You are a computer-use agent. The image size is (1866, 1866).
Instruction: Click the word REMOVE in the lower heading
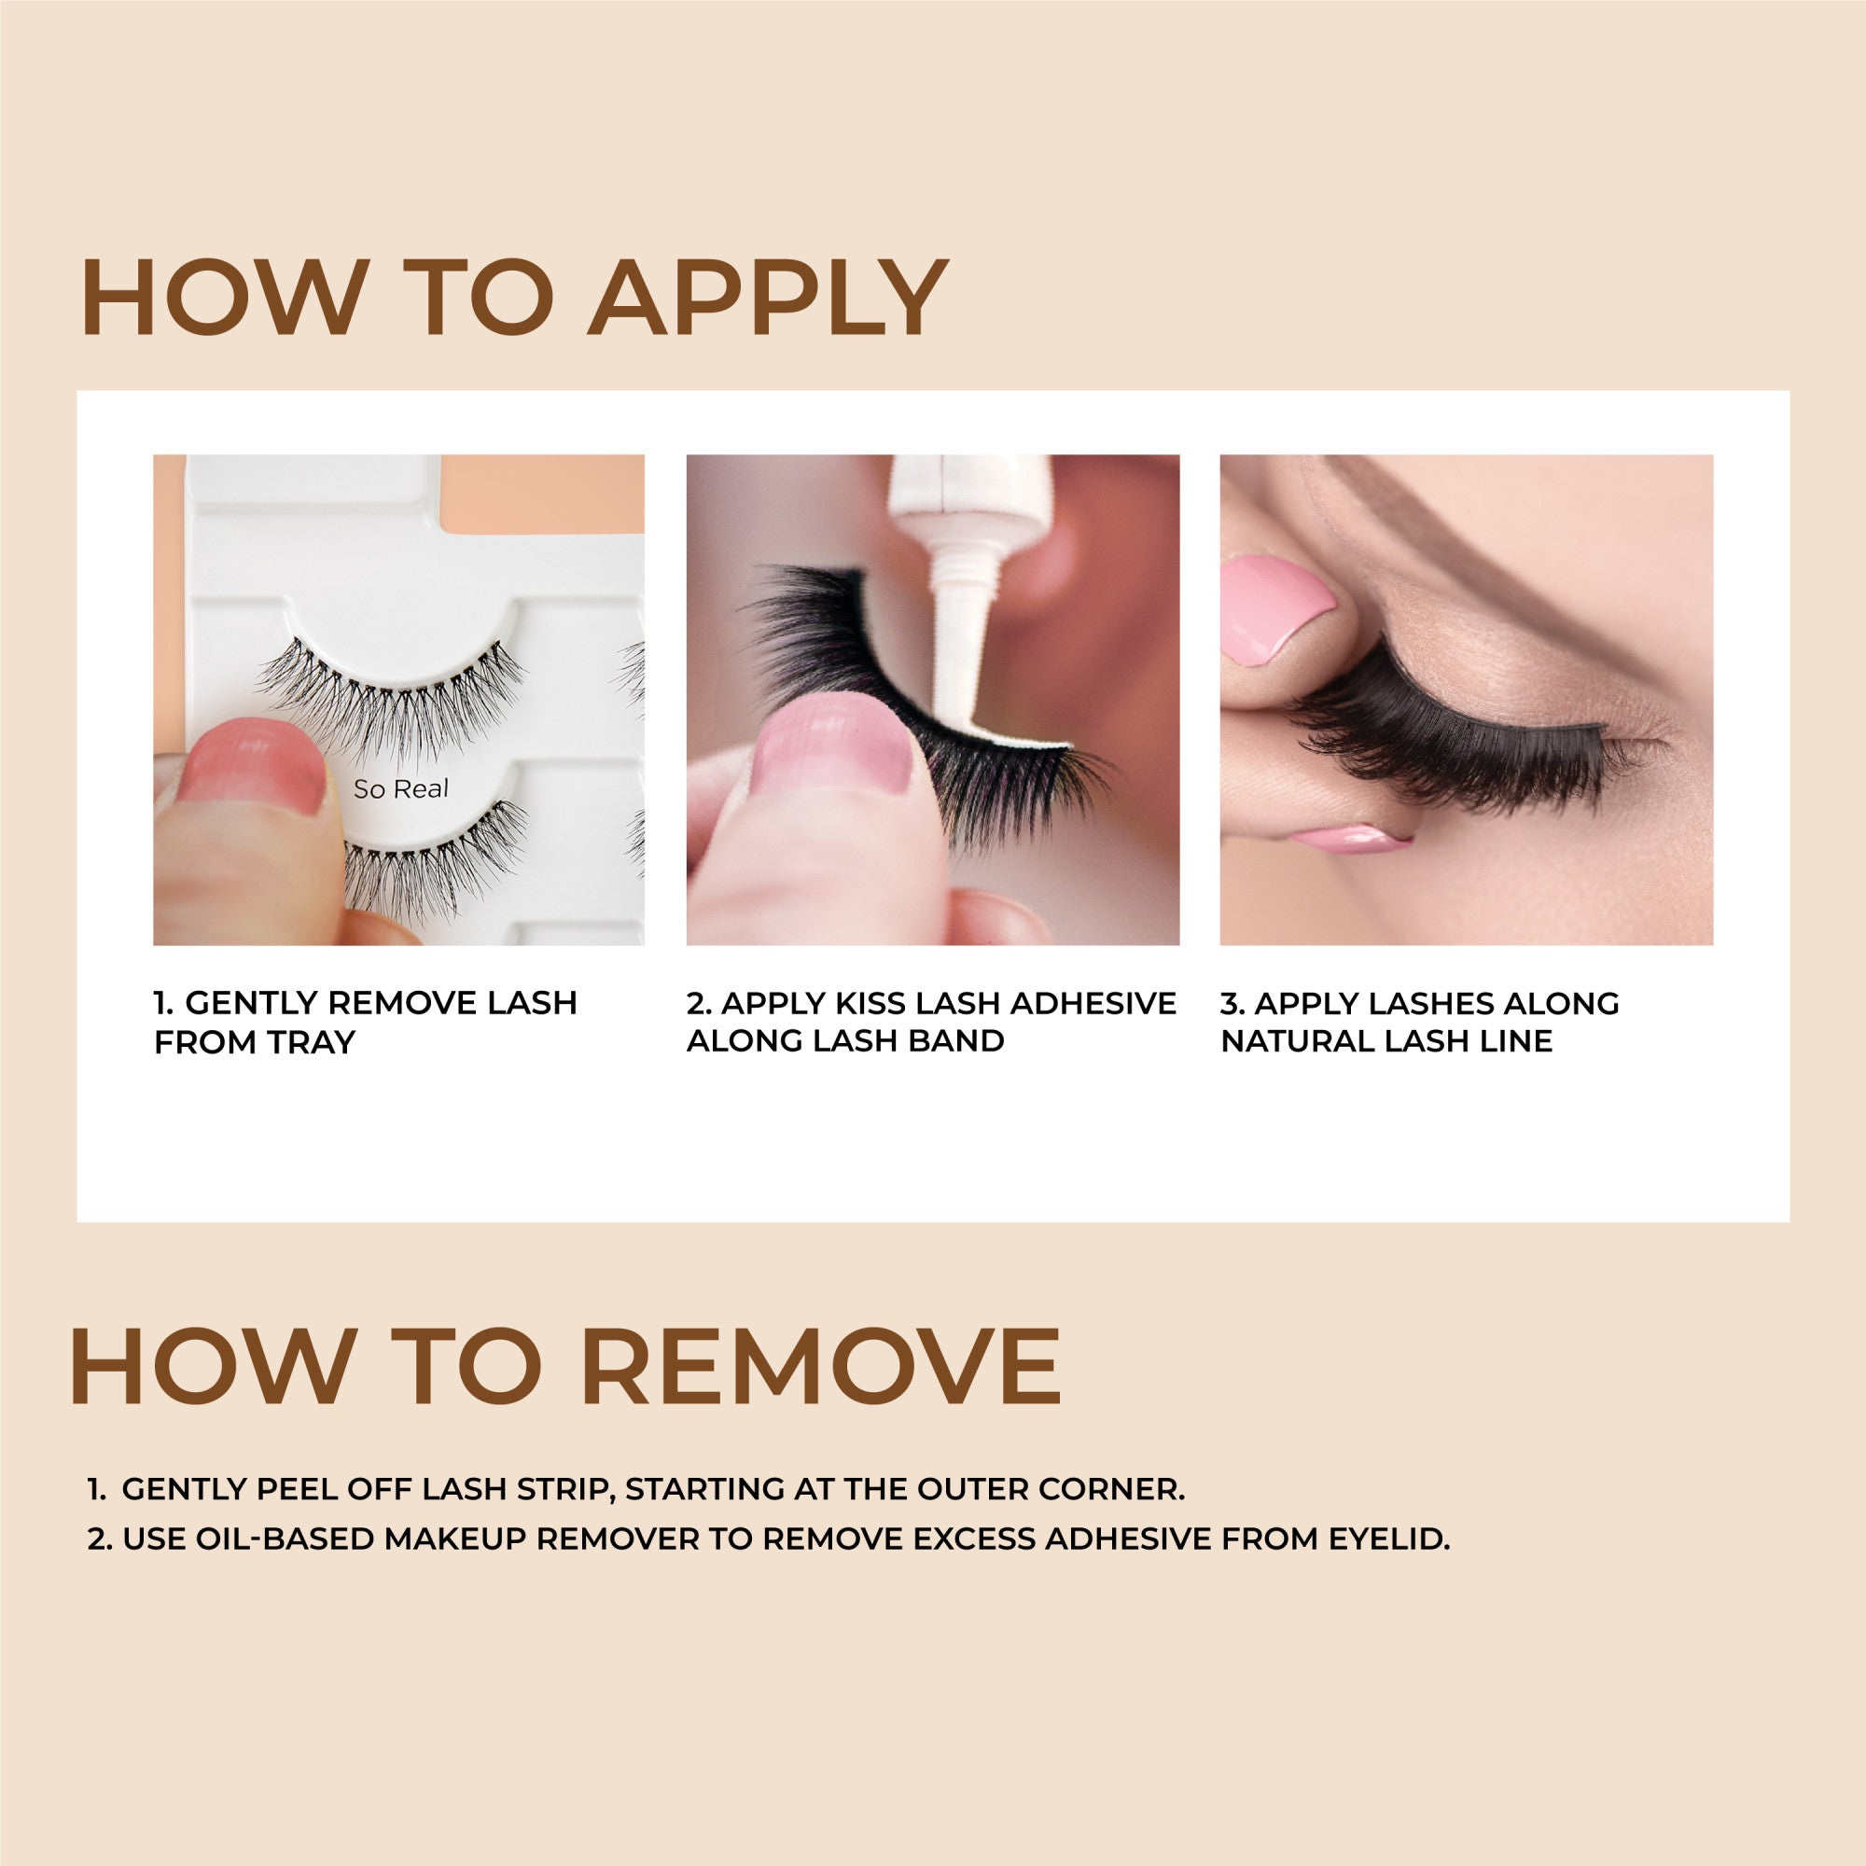(820, 1368)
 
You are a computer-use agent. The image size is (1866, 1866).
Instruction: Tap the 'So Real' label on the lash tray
(401, 789)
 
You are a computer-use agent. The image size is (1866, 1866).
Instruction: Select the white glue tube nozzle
(962, 619)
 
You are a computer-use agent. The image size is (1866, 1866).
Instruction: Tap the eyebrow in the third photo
(1507, 560)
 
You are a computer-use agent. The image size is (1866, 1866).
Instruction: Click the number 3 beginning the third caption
(1230, 1004)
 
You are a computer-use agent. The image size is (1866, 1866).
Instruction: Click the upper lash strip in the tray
(391, 695)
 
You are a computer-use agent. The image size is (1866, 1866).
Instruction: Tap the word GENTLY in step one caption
(251, 1004)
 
